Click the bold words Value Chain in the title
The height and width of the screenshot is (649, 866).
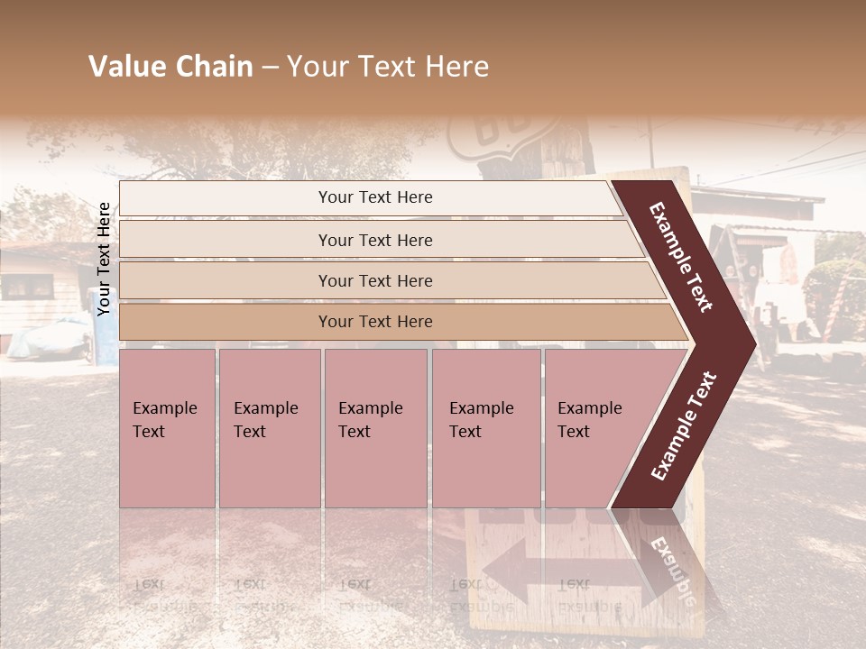[x=170, y=67]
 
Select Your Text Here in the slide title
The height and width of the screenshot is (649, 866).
[x=388, y=67]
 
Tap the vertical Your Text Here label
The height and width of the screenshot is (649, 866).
[x=104, y=259]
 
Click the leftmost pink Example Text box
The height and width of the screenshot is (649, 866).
[x=167, y=427]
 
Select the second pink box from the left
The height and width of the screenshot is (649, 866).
[x=269, y=427]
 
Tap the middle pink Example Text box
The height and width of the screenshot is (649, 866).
[x=374, y=427]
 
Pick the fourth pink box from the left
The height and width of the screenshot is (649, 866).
[x=485, y=427]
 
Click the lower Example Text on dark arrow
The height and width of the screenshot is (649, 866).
[x=683, y=426]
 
